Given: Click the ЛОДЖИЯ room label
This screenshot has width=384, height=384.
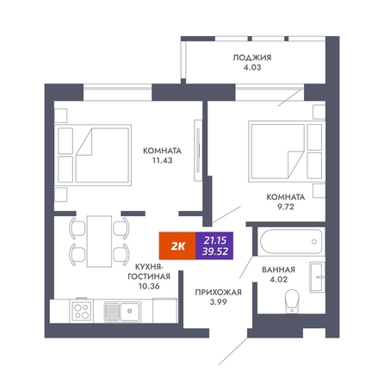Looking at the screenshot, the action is point(251,58).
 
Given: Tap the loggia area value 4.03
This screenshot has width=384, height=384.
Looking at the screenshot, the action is point(251,67).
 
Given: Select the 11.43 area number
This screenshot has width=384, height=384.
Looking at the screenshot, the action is point(162,160).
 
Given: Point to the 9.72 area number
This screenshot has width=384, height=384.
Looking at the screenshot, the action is point(286,207).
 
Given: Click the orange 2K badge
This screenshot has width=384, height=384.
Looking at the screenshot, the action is point(177,245).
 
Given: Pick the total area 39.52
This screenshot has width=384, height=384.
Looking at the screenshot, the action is point(215,251).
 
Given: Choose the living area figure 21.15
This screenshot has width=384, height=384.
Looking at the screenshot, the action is point(215,240).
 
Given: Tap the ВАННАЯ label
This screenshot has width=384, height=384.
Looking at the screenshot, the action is point(278,269).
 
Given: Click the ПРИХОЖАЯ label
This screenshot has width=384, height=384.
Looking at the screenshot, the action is point(218,293).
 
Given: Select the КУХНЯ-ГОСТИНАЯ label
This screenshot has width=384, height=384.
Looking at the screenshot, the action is point(149,271).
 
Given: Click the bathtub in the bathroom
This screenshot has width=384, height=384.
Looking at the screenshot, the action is point(291,241).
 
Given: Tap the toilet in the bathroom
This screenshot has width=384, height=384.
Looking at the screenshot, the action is point(292,301).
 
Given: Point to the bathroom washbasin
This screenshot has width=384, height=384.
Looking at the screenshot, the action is point(317,277).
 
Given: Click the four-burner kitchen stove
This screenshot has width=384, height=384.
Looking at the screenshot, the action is point(81,311).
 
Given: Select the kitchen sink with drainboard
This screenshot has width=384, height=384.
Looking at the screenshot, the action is point(122,312).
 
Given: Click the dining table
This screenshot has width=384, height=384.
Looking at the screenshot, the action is point(99,241).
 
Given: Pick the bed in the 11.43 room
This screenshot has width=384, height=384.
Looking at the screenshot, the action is point(93,155).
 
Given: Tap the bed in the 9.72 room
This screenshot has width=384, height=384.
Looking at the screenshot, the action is point(287,152).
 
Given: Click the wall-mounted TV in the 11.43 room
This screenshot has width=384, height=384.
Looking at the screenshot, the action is point(198,151).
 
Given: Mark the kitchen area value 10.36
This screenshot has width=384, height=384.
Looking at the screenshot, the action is point(149,286).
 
